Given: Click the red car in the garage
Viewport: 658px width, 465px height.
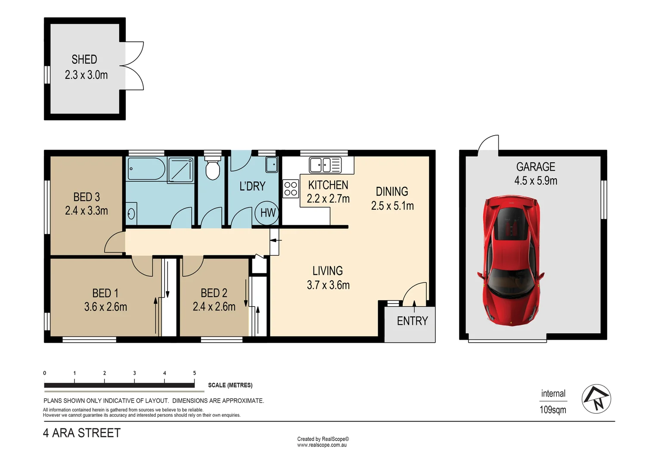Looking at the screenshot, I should coord(511,260).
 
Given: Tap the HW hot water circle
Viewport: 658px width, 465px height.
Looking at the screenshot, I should coord(267,213).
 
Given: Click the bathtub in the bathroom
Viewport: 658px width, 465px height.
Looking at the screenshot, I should coord(146,169).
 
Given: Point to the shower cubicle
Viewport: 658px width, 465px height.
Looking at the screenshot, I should coord(181,169).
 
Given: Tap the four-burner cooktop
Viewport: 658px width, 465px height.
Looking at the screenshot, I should coord(291,189).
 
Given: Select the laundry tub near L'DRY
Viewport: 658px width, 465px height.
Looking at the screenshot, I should coord(271,164).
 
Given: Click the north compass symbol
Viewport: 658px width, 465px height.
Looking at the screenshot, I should coord(596,399).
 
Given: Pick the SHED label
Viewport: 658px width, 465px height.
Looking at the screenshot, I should coord(84,59).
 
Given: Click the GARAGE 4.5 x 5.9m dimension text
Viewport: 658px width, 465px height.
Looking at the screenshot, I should coord(536,181).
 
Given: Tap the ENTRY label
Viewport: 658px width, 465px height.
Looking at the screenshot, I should coord(412,321).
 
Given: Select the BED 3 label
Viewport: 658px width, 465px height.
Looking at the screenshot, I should coord(87,197).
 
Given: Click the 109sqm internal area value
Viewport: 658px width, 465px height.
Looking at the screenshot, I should coord(553,410).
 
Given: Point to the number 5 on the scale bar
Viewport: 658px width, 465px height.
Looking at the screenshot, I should coord(195,373).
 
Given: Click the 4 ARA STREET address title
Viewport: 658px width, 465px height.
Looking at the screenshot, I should coord(82,433).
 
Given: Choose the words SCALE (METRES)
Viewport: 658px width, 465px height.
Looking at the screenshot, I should coord(230,385).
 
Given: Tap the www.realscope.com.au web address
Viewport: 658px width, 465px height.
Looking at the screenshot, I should coord(322,445).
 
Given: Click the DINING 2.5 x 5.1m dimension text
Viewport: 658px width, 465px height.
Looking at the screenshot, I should coord(392,206).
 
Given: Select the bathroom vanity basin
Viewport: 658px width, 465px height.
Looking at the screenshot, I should coord(131,214).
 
